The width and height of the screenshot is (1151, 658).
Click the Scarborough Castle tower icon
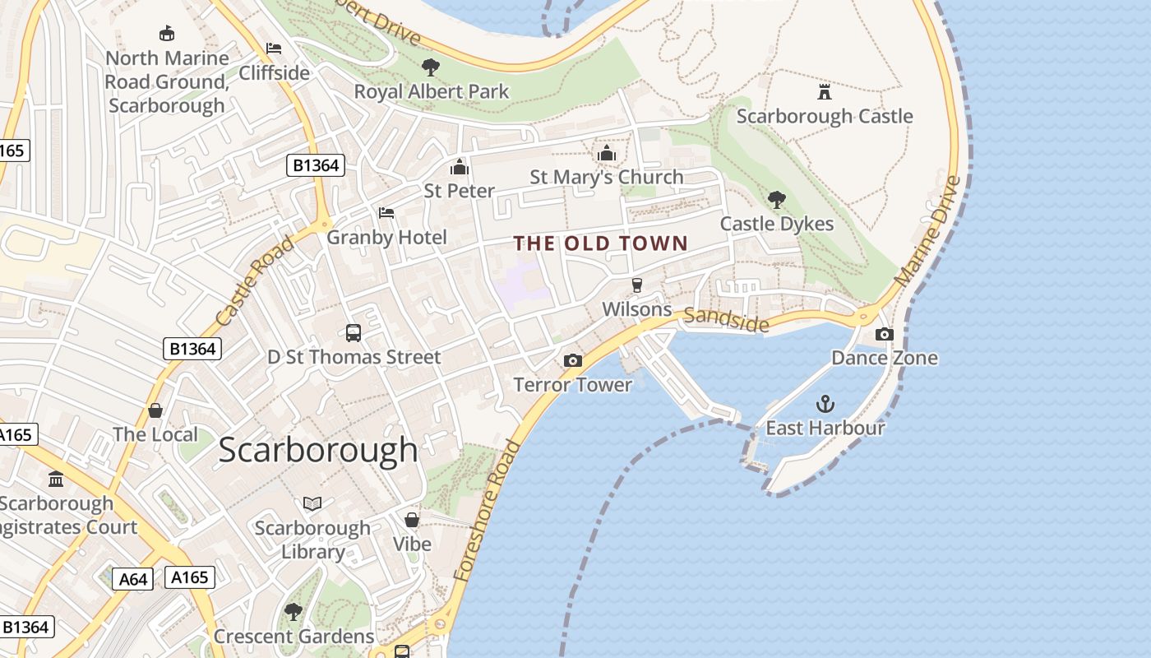click(824, 90)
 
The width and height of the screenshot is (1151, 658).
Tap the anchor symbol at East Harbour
click(825, 403)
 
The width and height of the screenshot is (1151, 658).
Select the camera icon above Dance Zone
click(885, 334)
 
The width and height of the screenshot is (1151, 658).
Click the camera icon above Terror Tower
click(573, 360)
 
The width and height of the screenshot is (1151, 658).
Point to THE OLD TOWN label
click(600, 243)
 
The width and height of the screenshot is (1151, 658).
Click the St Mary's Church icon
click(607, 153)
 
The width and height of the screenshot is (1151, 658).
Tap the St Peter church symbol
click(459, 167)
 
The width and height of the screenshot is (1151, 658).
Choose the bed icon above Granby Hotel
click(386, 213)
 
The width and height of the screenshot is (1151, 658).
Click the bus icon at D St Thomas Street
click(354, 333)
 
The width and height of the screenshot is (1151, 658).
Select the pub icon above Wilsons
click(636, 285)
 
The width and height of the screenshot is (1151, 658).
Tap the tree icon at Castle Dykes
click(776, 199)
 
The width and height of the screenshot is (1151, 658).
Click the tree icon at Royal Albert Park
click(430, 67)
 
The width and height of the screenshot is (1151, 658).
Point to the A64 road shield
click(132, 579)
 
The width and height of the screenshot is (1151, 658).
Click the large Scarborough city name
click(318, 450)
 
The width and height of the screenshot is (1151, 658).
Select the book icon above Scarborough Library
click(312, 503)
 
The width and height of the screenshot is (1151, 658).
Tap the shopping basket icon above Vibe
click(412, 520)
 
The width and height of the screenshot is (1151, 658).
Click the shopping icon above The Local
click(155, 410)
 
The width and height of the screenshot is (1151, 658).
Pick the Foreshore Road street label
click(488, 512)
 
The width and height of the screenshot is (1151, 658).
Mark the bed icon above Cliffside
click(274, 49)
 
